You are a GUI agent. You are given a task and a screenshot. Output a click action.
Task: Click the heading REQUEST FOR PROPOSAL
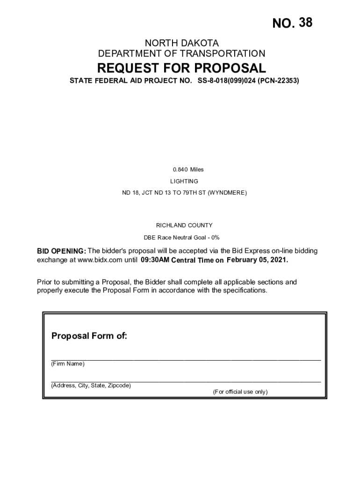click(181, 68)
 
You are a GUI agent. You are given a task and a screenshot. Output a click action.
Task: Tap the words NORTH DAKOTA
click(181, 43)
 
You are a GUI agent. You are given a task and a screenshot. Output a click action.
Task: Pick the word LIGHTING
click(184, 181)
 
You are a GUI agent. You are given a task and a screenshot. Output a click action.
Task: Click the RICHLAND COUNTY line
click(184, 225)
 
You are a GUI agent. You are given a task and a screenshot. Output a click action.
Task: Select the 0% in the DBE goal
click(215, 237)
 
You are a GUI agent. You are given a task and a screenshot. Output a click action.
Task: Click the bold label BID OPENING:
click(61, 251)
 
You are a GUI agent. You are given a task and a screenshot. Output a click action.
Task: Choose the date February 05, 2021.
click(257, 260)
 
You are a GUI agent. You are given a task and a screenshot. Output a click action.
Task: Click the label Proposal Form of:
click(89, 336)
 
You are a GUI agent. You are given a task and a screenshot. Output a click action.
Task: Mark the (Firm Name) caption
click(68, 364)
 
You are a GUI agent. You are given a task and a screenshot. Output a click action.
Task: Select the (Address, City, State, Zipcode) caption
click(91, 386)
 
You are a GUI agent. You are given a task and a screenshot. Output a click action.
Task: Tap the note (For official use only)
click(240, 392)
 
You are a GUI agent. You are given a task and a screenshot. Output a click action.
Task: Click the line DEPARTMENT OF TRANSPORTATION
click(181, 54)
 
